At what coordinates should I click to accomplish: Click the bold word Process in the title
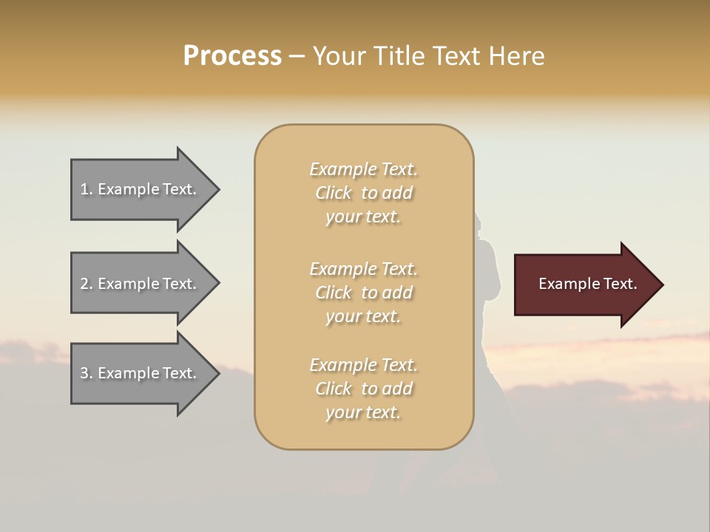[232, 56]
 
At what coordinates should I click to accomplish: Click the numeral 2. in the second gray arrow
[87, 284]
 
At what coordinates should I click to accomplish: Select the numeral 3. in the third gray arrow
[87, 373]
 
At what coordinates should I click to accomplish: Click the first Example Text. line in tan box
[363, 169]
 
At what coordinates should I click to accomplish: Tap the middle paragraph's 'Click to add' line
[363, 293]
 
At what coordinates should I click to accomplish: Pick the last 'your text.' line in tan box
[363, 412]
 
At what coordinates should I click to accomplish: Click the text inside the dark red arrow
[587, 284]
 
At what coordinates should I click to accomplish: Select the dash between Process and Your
[297, 56]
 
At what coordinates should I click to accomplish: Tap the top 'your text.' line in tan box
[363, 216]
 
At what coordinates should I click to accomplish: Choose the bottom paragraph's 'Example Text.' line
[363, 365]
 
